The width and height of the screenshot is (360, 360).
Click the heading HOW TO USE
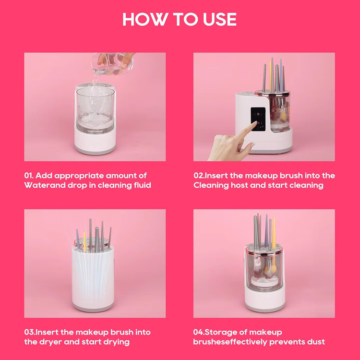pyautogui.click(x=180, y=20)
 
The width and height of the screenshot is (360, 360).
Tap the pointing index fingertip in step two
pyautogui.click(x=253, y=125)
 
